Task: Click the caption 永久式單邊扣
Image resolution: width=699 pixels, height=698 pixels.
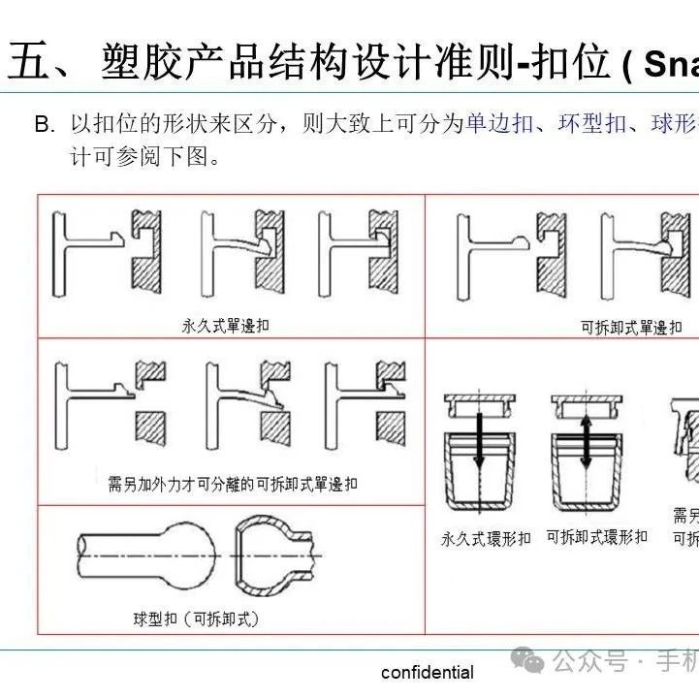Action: (x=225, y=326)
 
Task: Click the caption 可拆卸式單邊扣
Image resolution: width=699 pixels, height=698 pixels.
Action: (x=631, y=328)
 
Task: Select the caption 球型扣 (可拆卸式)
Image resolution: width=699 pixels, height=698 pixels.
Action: (x=197, y=618)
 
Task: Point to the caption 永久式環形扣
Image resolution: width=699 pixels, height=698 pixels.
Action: (x=486, y=538)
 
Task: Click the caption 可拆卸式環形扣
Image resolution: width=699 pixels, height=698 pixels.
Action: (x=596, y=536)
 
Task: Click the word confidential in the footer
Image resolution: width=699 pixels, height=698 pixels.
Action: (x=428, y=672)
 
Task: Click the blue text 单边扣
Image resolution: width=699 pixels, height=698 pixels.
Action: (x=498, y=124)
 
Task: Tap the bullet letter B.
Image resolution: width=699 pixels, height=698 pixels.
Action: (x=44, y=125)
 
